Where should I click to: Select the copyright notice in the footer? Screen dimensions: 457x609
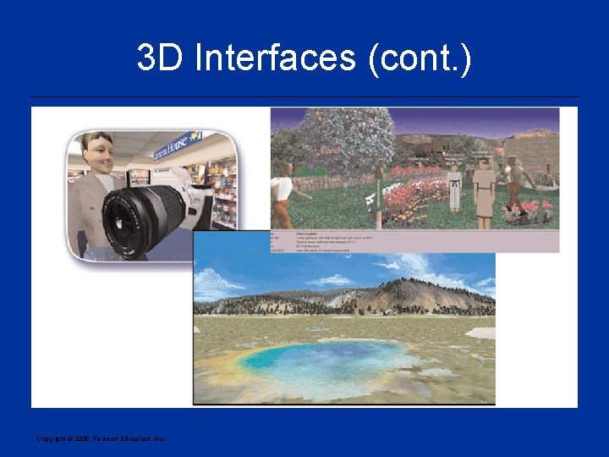(101, 438)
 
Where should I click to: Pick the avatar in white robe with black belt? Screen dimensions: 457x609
(454, 188)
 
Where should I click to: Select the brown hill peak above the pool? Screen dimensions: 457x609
(406, 292)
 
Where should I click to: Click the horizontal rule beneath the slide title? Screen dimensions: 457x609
(304, 97)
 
